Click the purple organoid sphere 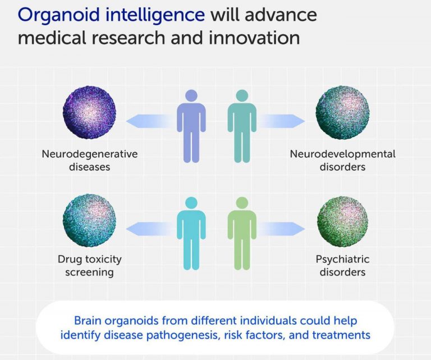pos(89,112)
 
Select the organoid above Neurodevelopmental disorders pos(342,113)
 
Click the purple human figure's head pos(191,96)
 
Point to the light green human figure pos(242,234)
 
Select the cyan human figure pos(191,234)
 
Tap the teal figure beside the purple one pos(242,126)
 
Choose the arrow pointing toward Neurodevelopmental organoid pos(281,121)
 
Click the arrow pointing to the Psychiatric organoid pos(281,229)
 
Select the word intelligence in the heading pos(155,15)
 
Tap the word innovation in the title pos(254,38)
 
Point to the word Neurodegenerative pos(90,154)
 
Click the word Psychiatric pos(342,259)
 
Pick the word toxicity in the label pos(103,259)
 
